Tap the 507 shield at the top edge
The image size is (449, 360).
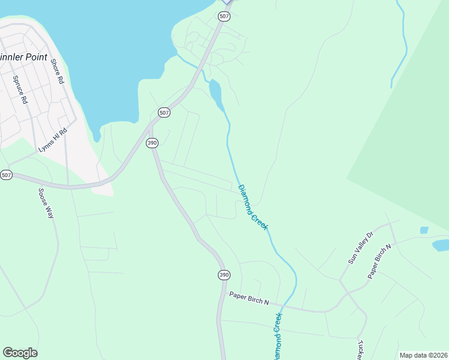(224, 16)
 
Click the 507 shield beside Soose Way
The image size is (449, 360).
(6, 175)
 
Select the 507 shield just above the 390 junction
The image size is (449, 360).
(164, 112)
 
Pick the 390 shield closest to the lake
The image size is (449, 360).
(152, 143)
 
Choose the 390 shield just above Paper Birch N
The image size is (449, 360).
(223, 275)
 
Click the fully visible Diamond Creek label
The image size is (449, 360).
(253, 207)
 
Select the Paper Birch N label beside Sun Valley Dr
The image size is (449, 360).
(379, 260)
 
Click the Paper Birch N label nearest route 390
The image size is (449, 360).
(249, 298)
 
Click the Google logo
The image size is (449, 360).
(20, 353)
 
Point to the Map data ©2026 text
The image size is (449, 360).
(423, 355)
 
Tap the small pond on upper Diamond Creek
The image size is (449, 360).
(215, 92)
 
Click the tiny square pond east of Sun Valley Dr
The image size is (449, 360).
(424, 230)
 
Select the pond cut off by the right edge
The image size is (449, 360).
(441, 245)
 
